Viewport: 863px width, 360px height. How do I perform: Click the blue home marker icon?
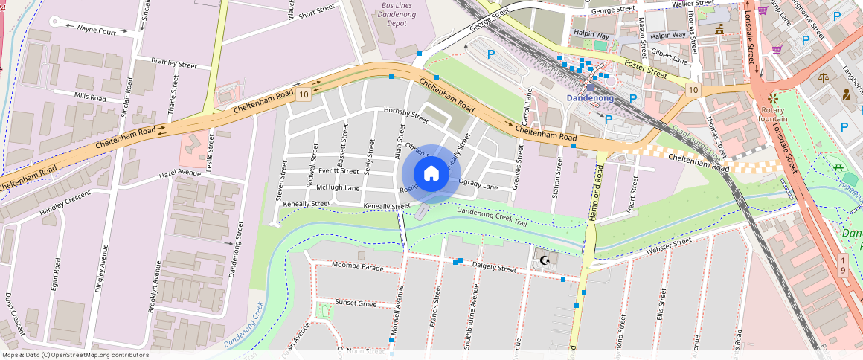(x=431, y=174)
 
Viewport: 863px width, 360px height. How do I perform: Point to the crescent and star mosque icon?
(x=546, y=260)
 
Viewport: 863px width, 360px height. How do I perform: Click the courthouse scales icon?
(x=823, y=77)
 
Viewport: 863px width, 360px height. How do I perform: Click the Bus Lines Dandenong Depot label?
(x=397, y=14)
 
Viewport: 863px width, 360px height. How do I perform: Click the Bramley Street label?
(x=173, y=64)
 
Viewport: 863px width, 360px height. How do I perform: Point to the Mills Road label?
(x=90, y=97)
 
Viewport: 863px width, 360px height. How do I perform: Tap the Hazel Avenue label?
(x=180, y=174)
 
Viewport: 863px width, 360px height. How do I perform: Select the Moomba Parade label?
(x=358, y=266)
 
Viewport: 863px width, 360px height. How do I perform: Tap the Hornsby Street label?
(x=406, y=114)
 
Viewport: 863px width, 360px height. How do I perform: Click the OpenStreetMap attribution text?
(x=74, y=355)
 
